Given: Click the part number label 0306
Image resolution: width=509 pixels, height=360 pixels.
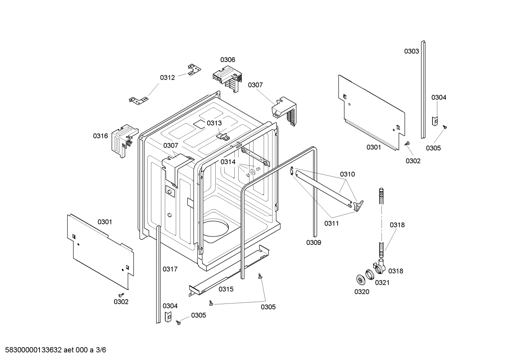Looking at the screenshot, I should [228, 60].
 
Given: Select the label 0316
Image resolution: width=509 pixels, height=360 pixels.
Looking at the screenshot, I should [100, 136].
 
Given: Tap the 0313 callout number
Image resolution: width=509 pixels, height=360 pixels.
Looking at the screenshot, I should [214, 123].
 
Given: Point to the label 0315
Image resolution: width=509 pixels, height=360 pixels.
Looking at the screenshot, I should [226, 289].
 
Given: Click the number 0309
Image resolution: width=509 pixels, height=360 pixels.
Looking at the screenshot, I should [313, 242].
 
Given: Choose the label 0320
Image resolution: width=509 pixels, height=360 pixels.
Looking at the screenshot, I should [362, 291].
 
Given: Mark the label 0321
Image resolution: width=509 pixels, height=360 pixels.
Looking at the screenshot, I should [382, 283].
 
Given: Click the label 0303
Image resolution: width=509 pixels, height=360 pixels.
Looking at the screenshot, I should [412, 51].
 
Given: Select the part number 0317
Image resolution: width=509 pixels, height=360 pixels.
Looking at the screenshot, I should [170, 269].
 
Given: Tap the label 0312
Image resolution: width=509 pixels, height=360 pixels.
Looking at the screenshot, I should [167, 78].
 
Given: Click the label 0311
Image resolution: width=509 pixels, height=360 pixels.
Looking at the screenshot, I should [331, 223].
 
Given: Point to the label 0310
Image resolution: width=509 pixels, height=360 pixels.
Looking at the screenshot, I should [347, 174].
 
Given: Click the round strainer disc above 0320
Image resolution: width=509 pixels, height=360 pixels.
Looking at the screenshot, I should [360, 279].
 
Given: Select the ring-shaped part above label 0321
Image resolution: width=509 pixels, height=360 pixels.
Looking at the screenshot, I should [370, 274].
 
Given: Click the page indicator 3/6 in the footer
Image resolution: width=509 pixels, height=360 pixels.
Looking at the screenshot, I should [101, 350].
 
